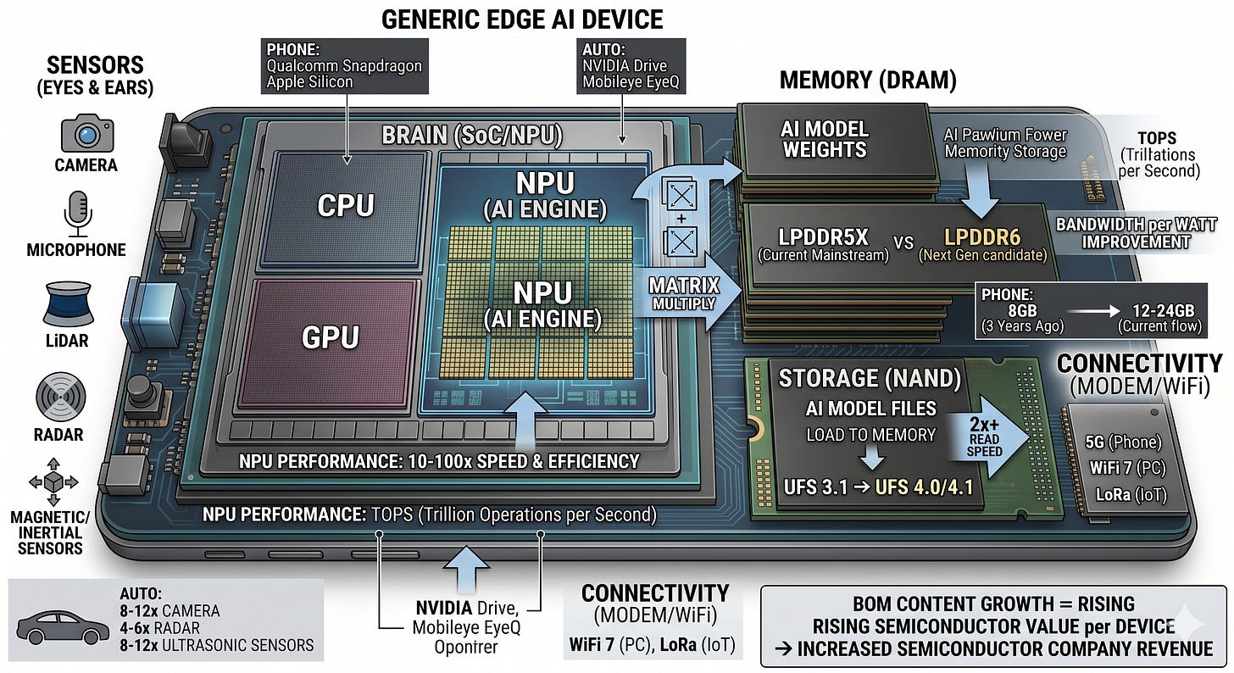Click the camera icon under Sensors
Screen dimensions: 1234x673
(x=87, y=133)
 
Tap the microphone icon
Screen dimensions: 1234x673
(x=78, y=213)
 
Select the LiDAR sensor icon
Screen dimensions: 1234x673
(x=69, y=303)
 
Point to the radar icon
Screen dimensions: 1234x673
(x=61, y=397)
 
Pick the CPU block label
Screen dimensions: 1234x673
(x=346, y=205)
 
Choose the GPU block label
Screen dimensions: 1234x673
(x=330, y=337)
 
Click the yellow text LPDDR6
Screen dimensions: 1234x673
(x=982, y=236)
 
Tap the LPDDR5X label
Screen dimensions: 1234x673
(x=822, y=236)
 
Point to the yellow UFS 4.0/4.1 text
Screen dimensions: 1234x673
(x=924, y=487)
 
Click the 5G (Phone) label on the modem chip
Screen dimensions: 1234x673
(x=1123, y=442)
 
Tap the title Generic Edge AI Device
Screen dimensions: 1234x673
(x=522, y=19)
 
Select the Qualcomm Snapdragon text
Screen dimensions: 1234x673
(x=344, y=65)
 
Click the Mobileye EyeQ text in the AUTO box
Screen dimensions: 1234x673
(x=631, y=82)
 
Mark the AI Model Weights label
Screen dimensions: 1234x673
(x=825, y=139)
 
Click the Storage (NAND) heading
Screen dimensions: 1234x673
(x=870, y=378)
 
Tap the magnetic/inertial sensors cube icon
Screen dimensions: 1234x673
(x=53, y=482)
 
